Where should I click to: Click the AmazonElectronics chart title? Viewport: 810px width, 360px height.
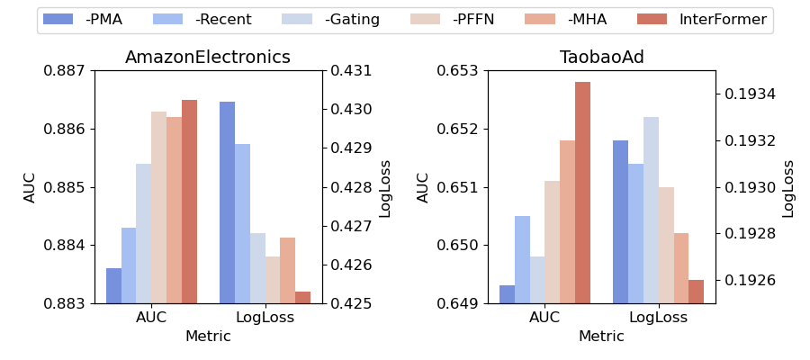[x=208, y=58]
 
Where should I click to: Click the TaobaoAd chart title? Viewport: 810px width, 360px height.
[x=601, y=58]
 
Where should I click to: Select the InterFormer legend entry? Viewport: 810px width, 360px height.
[x=703, y=20]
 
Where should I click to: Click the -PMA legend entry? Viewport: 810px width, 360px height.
[x=84, y=20]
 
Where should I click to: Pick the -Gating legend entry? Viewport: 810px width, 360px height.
[x=330, y=20]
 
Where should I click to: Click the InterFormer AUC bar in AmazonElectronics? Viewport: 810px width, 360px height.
[x=189, y=202]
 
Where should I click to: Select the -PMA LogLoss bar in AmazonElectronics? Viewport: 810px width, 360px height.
[x=227, y=202]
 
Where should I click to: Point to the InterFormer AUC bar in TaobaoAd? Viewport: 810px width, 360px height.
[x=582, y=193]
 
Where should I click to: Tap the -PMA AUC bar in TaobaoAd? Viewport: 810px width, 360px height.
[x=507, y=294]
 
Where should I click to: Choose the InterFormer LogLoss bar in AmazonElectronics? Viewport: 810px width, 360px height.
[x=302, y=298]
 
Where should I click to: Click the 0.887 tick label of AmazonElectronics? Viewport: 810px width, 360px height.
[x=66, y=70]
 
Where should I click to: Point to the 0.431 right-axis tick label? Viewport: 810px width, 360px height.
[x=350, y=70]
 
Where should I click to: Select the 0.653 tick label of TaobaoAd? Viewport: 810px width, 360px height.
[x=459, y=70]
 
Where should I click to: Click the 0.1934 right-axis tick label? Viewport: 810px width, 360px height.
[x=747, y=94]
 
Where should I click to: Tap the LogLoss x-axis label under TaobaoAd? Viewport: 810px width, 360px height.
[x=658, y=318]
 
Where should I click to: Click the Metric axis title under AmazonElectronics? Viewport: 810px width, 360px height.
[x=208, y=337]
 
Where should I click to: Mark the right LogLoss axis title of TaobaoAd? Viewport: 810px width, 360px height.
[x=788, y=188]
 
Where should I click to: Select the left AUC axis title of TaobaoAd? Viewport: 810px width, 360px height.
[x=423, y=187]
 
